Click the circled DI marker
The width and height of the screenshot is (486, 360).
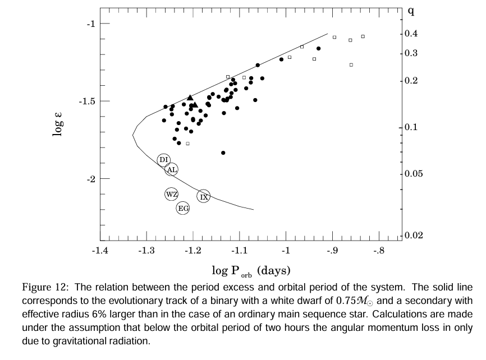pos(164,160)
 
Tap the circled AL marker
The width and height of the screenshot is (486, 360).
pos(172,169)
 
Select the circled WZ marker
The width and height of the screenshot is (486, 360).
pos(171,194)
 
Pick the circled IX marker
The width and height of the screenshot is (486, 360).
pos(204,196)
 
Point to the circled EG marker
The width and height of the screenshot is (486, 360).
pos(183,209)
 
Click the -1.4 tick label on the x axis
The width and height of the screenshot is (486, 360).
pos(100,251)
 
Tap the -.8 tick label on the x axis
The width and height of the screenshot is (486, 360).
pos(379,251)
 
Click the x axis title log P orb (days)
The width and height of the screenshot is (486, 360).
pos(251,271)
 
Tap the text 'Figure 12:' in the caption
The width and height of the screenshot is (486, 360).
pos(43,288)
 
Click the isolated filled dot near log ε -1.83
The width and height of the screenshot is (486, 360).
pos(223,153)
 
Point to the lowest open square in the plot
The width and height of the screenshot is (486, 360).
pos(188,144)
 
